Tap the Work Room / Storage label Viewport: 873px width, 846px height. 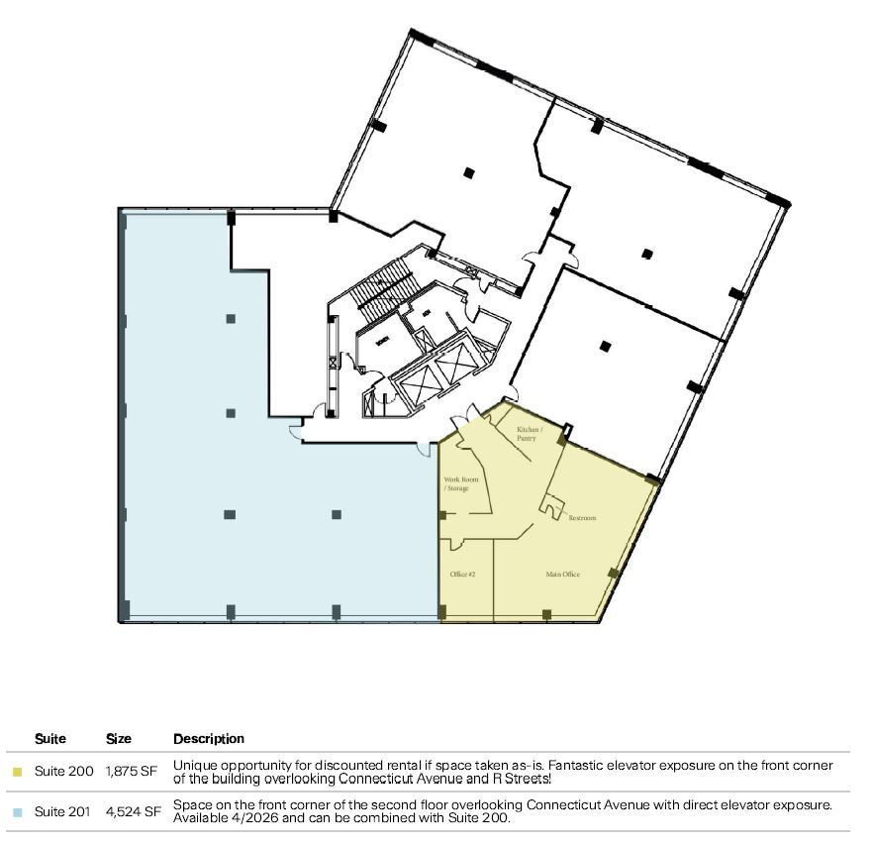click(456, 483)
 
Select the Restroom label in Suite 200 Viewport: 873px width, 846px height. click(582, 518)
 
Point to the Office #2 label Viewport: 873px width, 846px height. click(463, 575)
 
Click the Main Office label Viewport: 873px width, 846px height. click(562, 575)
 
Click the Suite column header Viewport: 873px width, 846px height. click(50, 739)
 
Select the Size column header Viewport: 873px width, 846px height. click(119, 739)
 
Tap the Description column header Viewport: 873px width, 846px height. click(208, 739)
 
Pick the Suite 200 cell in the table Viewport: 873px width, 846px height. click(64, 772)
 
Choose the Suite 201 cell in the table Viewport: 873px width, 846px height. click(64, 811)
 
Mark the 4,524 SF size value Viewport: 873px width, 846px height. click(133, 811)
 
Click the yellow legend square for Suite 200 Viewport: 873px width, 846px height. click(17, 772)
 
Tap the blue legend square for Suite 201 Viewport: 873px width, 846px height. click(17, 812)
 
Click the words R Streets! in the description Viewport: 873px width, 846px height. click(520, 779)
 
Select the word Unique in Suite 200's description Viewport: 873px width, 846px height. click(195, 766)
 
